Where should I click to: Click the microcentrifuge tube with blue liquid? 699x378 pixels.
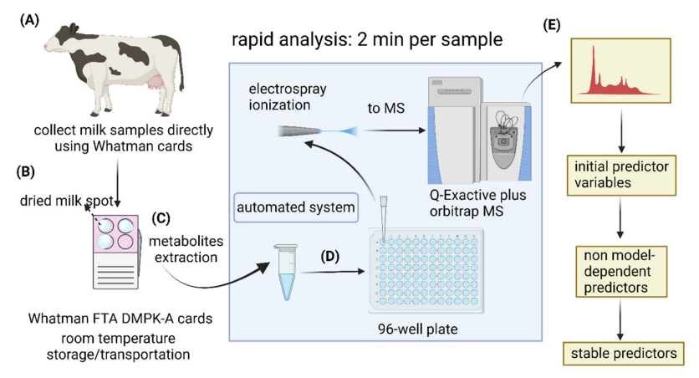point(286,272)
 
